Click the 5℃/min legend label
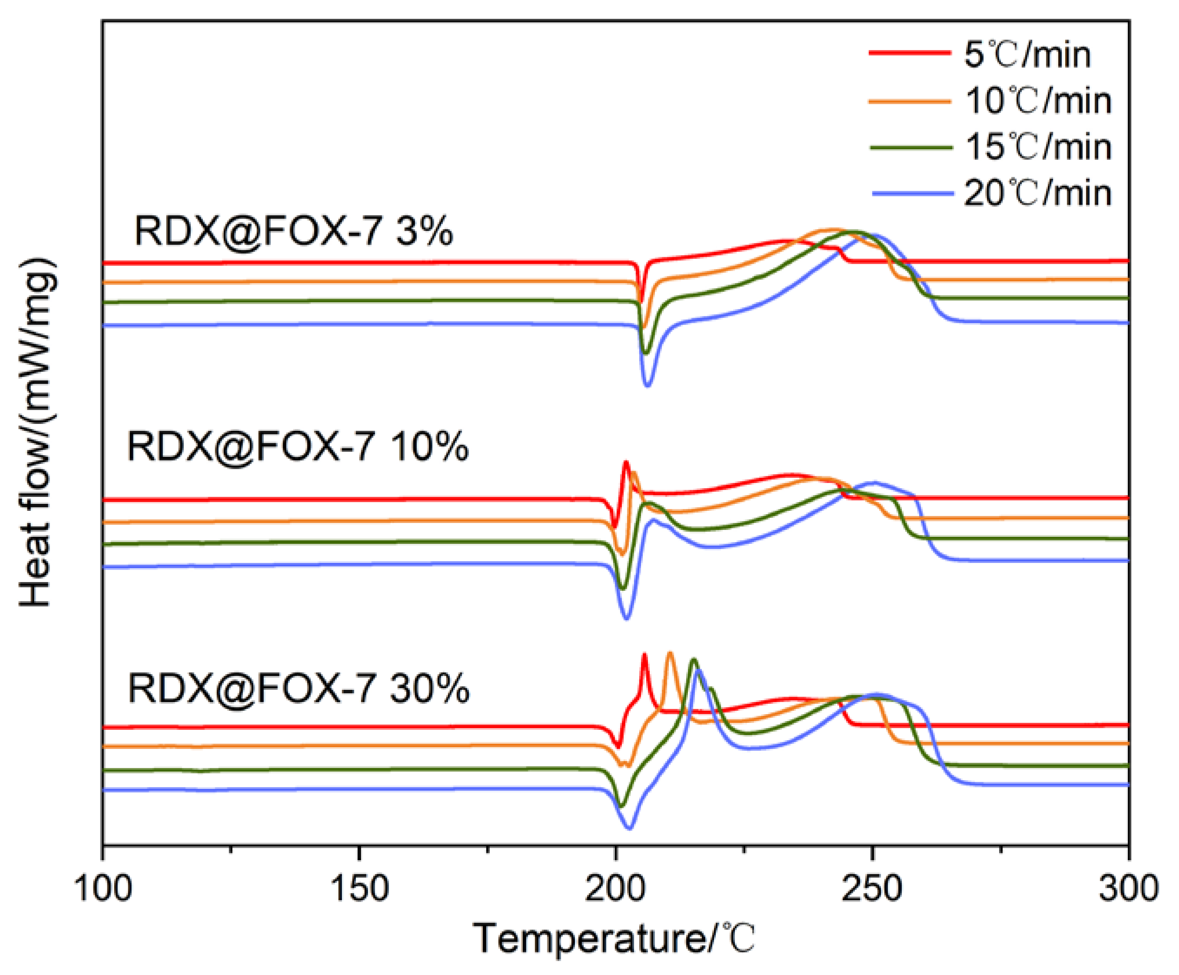coord(1027,55)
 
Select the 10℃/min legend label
coord(1038,101)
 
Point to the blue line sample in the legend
coord(912,193)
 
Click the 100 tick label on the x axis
coord(103,889)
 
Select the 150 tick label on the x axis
coord(359,889)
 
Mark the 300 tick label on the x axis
coord(1129,889)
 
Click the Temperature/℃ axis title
coord(615,938)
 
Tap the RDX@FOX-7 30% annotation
coord(299,689)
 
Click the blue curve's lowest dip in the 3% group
coord(648,385)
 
